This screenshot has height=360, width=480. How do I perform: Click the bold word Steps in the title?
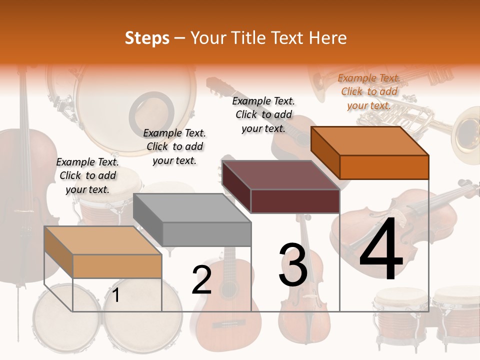[147, 38]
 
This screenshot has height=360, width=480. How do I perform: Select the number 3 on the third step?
[293, 264]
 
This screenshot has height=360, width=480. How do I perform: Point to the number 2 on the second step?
[201, 280]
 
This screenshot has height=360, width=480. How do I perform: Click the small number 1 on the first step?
[116, 295]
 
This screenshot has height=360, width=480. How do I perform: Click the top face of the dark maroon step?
[281, 175]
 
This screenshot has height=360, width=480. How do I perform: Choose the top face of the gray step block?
[192, 208]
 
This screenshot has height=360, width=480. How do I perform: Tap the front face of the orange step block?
[384, 167]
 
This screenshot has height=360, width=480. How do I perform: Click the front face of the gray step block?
[206, 234]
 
